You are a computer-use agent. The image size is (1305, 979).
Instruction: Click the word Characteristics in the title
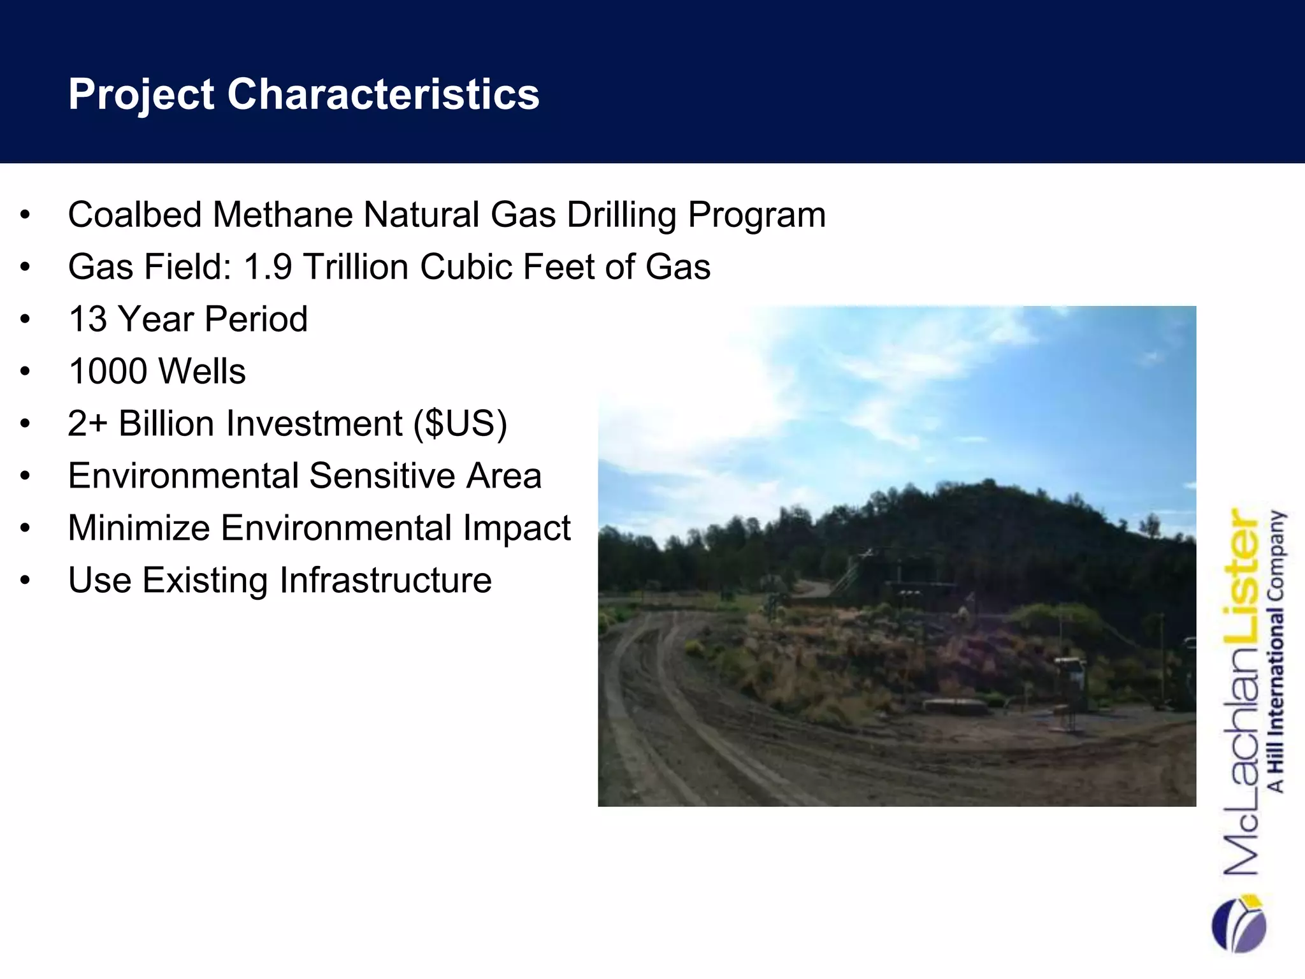(x=383, y=94)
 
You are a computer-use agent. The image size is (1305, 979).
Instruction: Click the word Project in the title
(x=141, y=94)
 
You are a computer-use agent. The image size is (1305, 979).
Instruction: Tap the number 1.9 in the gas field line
(x=268, y=266)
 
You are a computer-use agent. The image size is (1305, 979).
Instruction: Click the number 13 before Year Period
(x=87, y=319)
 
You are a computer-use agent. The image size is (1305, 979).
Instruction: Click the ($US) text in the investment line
(x=460, y=423)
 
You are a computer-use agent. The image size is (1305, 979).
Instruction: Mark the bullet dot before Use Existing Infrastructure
(x=25, y=581)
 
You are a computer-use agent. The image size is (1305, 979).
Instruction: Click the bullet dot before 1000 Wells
(x=25, y=372)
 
